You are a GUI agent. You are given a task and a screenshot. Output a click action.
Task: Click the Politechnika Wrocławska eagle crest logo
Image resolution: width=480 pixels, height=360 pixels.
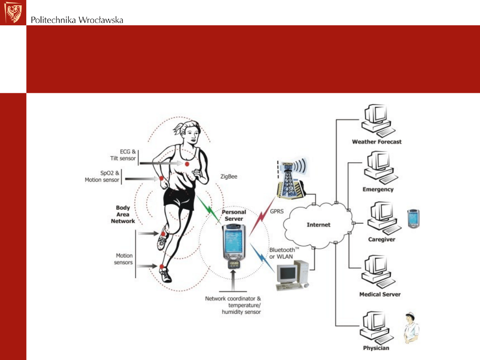point(13,12)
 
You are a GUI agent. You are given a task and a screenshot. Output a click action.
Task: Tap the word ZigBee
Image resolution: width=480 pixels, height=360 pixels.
point(229,176)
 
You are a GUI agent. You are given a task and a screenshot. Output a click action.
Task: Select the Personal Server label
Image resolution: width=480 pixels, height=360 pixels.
point(234,216)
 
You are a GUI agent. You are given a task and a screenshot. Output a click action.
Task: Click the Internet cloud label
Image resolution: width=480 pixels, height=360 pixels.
point(318,225)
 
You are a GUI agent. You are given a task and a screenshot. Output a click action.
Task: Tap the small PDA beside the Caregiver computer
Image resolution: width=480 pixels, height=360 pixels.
point(414,218)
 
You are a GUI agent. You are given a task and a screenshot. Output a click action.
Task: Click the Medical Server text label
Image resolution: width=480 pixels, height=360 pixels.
point(380,294)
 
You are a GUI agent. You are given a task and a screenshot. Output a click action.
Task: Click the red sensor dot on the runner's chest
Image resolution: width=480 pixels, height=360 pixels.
point(187,164)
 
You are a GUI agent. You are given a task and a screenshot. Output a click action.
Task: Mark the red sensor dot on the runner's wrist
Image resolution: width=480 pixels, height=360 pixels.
point(161,179)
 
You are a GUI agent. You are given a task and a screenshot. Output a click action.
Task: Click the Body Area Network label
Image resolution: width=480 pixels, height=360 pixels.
point(123,214)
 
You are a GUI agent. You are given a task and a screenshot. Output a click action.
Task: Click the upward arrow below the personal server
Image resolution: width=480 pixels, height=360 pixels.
point(234,280)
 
